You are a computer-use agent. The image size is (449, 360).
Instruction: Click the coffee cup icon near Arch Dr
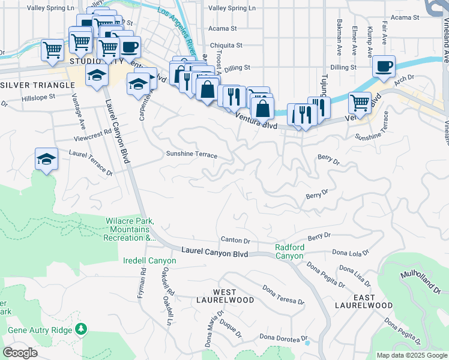point(384,66)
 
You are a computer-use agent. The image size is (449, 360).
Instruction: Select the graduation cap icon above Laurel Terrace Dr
point(46,159)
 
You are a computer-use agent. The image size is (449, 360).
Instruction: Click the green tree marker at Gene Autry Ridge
point(80,330)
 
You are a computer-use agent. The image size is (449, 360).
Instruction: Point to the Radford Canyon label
point(289,251)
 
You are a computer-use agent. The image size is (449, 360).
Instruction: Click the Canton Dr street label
point(235,240)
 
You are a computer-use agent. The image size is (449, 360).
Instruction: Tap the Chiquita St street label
point(225,45)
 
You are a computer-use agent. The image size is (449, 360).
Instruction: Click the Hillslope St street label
point(38,96)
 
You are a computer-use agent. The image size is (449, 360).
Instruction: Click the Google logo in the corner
point(20,353)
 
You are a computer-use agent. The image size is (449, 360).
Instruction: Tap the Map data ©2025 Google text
point(411,355)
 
